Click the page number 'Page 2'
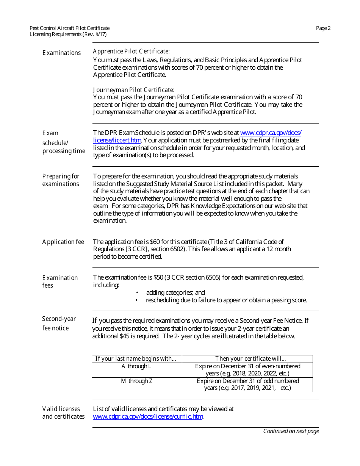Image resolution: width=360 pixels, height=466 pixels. [323, 28]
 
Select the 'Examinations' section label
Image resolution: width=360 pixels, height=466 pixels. [61, 53]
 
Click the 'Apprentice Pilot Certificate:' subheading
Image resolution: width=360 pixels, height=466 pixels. [131, 51]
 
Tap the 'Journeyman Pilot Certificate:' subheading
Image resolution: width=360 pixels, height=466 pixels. [133, 90]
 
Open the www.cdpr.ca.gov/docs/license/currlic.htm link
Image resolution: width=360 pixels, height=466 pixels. [148, 416]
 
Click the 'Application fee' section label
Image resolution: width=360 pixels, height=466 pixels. [63, 242]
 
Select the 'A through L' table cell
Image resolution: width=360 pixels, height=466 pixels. [136, 366]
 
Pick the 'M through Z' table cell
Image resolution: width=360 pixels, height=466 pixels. [136, 381]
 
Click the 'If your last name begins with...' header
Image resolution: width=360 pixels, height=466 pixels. [136, 359]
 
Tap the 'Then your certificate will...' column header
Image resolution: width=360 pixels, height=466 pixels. [250, 359]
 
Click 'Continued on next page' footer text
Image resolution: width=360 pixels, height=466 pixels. [291, 431]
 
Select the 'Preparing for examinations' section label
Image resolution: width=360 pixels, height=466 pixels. [61, 180]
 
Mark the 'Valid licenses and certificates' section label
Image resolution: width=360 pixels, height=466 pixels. [63, 413]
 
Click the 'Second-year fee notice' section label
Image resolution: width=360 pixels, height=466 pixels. [59, 323]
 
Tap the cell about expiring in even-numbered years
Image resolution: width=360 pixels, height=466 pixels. [247, 370]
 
